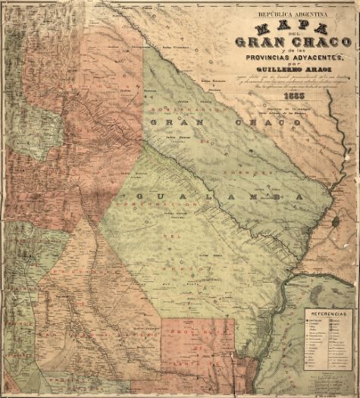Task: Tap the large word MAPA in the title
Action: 292,28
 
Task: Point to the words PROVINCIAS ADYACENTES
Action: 299,58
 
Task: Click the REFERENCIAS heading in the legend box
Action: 327,313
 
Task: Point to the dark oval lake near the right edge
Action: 334,221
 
